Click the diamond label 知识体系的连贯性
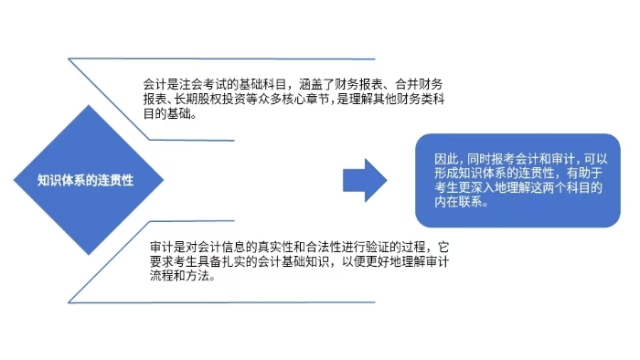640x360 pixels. click(86, 180)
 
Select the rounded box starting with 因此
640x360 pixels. click(517, 180)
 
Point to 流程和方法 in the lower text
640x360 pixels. click(178, 277)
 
